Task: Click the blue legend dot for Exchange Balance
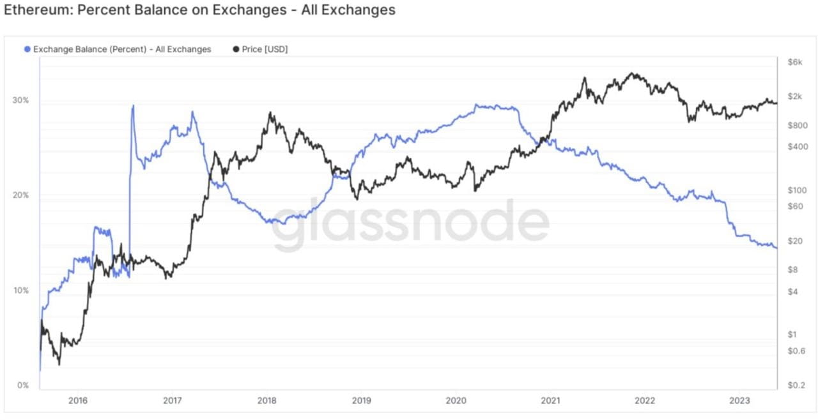pos(27,49)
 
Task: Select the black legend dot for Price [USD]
pos(236,49)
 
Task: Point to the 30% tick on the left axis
pos(20,100)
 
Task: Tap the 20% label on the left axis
pos(20,195)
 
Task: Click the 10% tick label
pos(21,290)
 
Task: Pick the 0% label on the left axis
pos(22,386)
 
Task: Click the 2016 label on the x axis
pos(78,401)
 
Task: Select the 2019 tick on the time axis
pos(362,401)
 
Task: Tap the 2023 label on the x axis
pos(739,401)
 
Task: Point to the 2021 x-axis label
pos(550,401)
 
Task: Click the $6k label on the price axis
pos(795,62)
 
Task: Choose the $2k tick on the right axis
pos(795,96)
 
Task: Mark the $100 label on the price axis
pos(797,190)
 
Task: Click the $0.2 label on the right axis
pos(796,386)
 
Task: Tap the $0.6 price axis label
pos(796,350)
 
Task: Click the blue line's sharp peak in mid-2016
pos(133,106)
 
